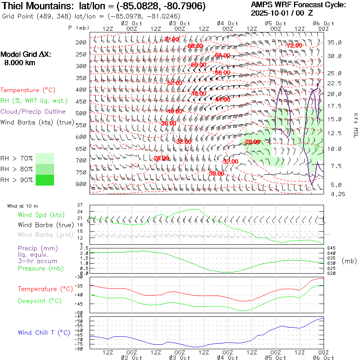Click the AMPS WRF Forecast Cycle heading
tap(298, 5)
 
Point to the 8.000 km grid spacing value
tap(20, 63)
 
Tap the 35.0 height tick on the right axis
tap(334, 42)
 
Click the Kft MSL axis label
tap(355, 125)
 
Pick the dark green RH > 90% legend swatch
tap(45, 180)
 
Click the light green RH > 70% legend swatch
tap(45, 158)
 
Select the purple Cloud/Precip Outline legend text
tap(33, 112)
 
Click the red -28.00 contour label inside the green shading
tap(252, 142)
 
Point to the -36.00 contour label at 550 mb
tap(168, 123)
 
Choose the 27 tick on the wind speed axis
tap(80, 205)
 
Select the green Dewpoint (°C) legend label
tap(40, 301)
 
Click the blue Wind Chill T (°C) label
tap(44, 333)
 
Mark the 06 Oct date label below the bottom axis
tap(323, 358)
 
